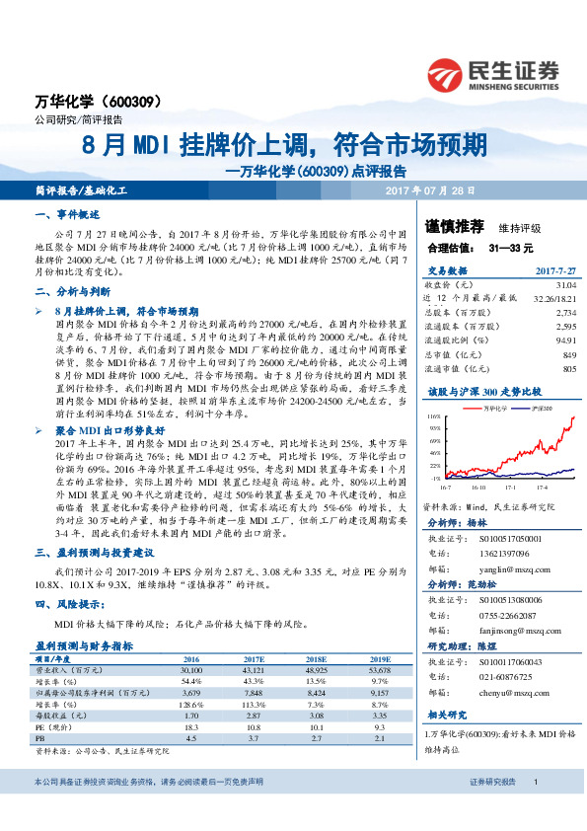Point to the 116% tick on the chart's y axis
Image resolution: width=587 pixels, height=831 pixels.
433,418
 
